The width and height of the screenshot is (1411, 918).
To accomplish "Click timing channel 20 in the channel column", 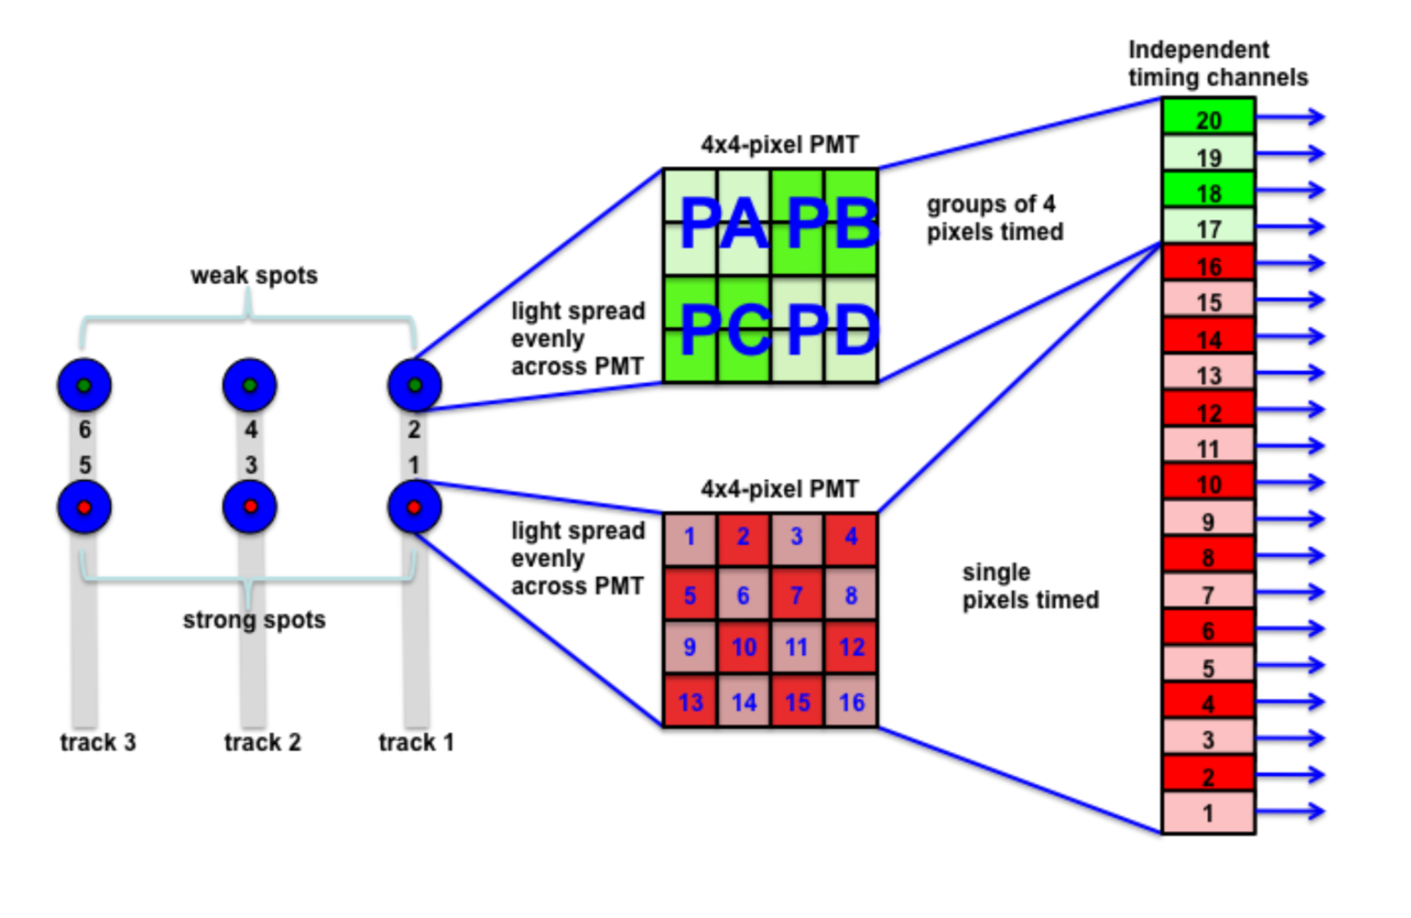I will pyautogui.click(x=1208, y=119).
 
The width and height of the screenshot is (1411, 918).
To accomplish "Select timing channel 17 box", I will pyautogui.click(x=1208, y=228).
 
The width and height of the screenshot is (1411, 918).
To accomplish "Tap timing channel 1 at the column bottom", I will pyautogui.click(x=1208, y=813).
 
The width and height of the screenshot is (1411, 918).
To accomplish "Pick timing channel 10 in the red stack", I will pyautogui.click(x=1208, y=484).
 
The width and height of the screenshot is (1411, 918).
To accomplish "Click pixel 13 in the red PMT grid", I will pyautogui.click(x=690, y=702).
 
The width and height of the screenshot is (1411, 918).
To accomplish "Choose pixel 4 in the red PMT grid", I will pyautogui.click(x=851, y=537).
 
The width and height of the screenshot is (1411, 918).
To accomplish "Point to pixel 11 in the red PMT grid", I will pyautogui.click(x=797, y=648).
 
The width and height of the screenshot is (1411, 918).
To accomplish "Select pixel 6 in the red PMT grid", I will pyautogui.click(x=744, y=595).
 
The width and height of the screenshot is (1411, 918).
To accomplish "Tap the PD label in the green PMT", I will pyautogui.click(x=832, y=330).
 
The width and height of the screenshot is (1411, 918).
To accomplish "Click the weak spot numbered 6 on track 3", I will pyautogui.click(x=84, y=386).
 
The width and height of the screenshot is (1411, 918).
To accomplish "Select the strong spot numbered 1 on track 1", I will pyautogui.click(x=414, y=507).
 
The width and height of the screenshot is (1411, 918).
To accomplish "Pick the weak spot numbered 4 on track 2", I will pyautogui.click(x=249, y=386).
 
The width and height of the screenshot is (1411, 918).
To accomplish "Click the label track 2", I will pyautogui.click(x=262, y=742).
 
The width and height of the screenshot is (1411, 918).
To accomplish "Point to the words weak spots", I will pyautogui.click(x=254, y=276).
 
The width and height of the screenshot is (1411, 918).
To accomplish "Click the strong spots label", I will pyautogui.click(x=254, y=620).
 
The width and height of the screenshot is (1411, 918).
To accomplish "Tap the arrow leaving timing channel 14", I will pyautogui.click(x=1290, y=337).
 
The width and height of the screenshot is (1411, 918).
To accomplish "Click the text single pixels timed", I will pyautogui.click(x=1030, y=586).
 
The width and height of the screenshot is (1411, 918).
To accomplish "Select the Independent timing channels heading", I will pyautogui.click(x=1217, y=63).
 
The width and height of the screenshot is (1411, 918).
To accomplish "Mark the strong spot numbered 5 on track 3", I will pyautogui.click(x=84, y=507).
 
